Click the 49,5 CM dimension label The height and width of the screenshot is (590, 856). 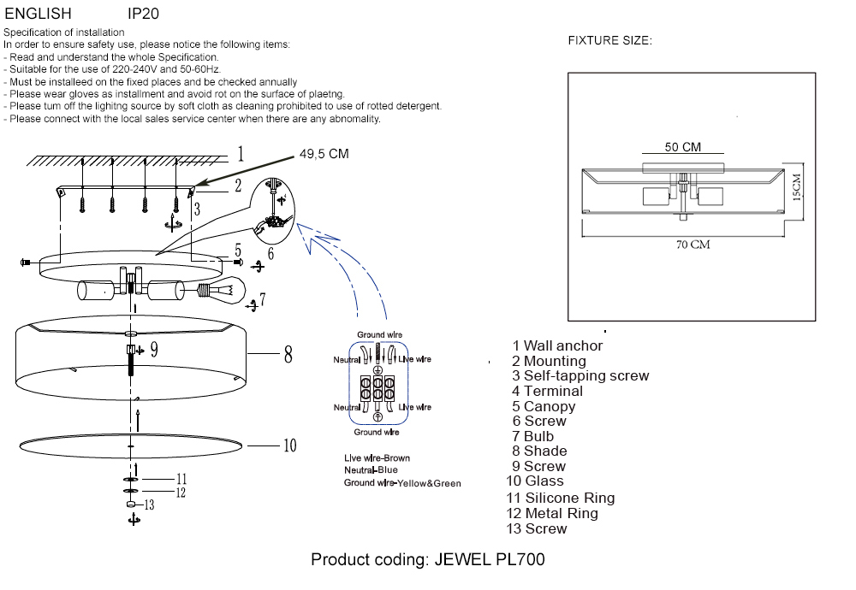coord(324,154)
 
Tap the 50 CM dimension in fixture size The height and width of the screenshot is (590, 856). coord(682,147)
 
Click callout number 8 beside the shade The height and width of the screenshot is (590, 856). coord(288,354)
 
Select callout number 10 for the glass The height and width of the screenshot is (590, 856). coord(289,445)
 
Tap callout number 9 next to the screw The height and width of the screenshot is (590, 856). coord(154,349)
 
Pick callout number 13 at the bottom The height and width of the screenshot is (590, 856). coord(149,505)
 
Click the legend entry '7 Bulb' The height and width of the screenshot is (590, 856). coord(533,436)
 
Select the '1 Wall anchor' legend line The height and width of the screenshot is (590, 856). coord(557,345)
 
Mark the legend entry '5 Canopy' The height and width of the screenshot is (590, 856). coord(543,406)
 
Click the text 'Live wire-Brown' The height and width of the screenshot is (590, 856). coord(377,458)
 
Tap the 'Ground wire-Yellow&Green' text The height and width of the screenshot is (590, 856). coord(401,483)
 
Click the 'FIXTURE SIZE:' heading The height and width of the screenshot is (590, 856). coord(609,41)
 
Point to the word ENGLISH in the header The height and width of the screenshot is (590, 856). coord(38,14)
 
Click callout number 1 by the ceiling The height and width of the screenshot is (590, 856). coord(241,154)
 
